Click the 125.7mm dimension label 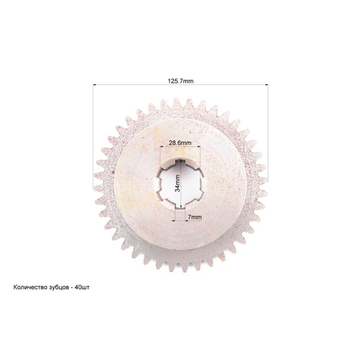coord(181,81)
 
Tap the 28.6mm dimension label coord(180,143)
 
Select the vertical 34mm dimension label coord(177,183)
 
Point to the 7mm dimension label coord(194,217)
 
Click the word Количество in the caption coord(30,287)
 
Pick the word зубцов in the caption coord(59,287)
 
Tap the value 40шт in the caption coord(82,287)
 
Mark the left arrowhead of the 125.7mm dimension coord(94,85)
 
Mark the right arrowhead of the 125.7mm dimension coord(266,85)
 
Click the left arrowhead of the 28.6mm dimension coord(161,146)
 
